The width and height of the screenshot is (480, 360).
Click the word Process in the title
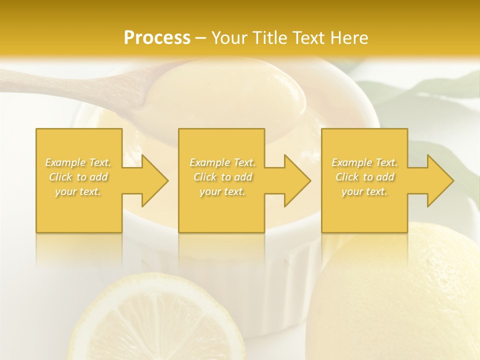tap(157, 38)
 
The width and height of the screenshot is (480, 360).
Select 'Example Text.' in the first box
tap(78, 162)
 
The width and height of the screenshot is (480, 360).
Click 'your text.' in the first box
tap(78, 191)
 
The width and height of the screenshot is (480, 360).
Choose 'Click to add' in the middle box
tap(222, 177)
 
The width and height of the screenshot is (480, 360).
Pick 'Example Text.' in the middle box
tap(222, 162)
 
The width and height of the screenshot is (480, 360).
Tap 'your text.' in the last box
tap(364, 191)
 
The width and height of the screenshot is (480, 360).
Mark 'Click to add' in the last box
tap(364, 177)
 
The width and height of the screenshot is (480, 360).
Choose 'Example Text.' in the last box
tap(364, 162)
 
